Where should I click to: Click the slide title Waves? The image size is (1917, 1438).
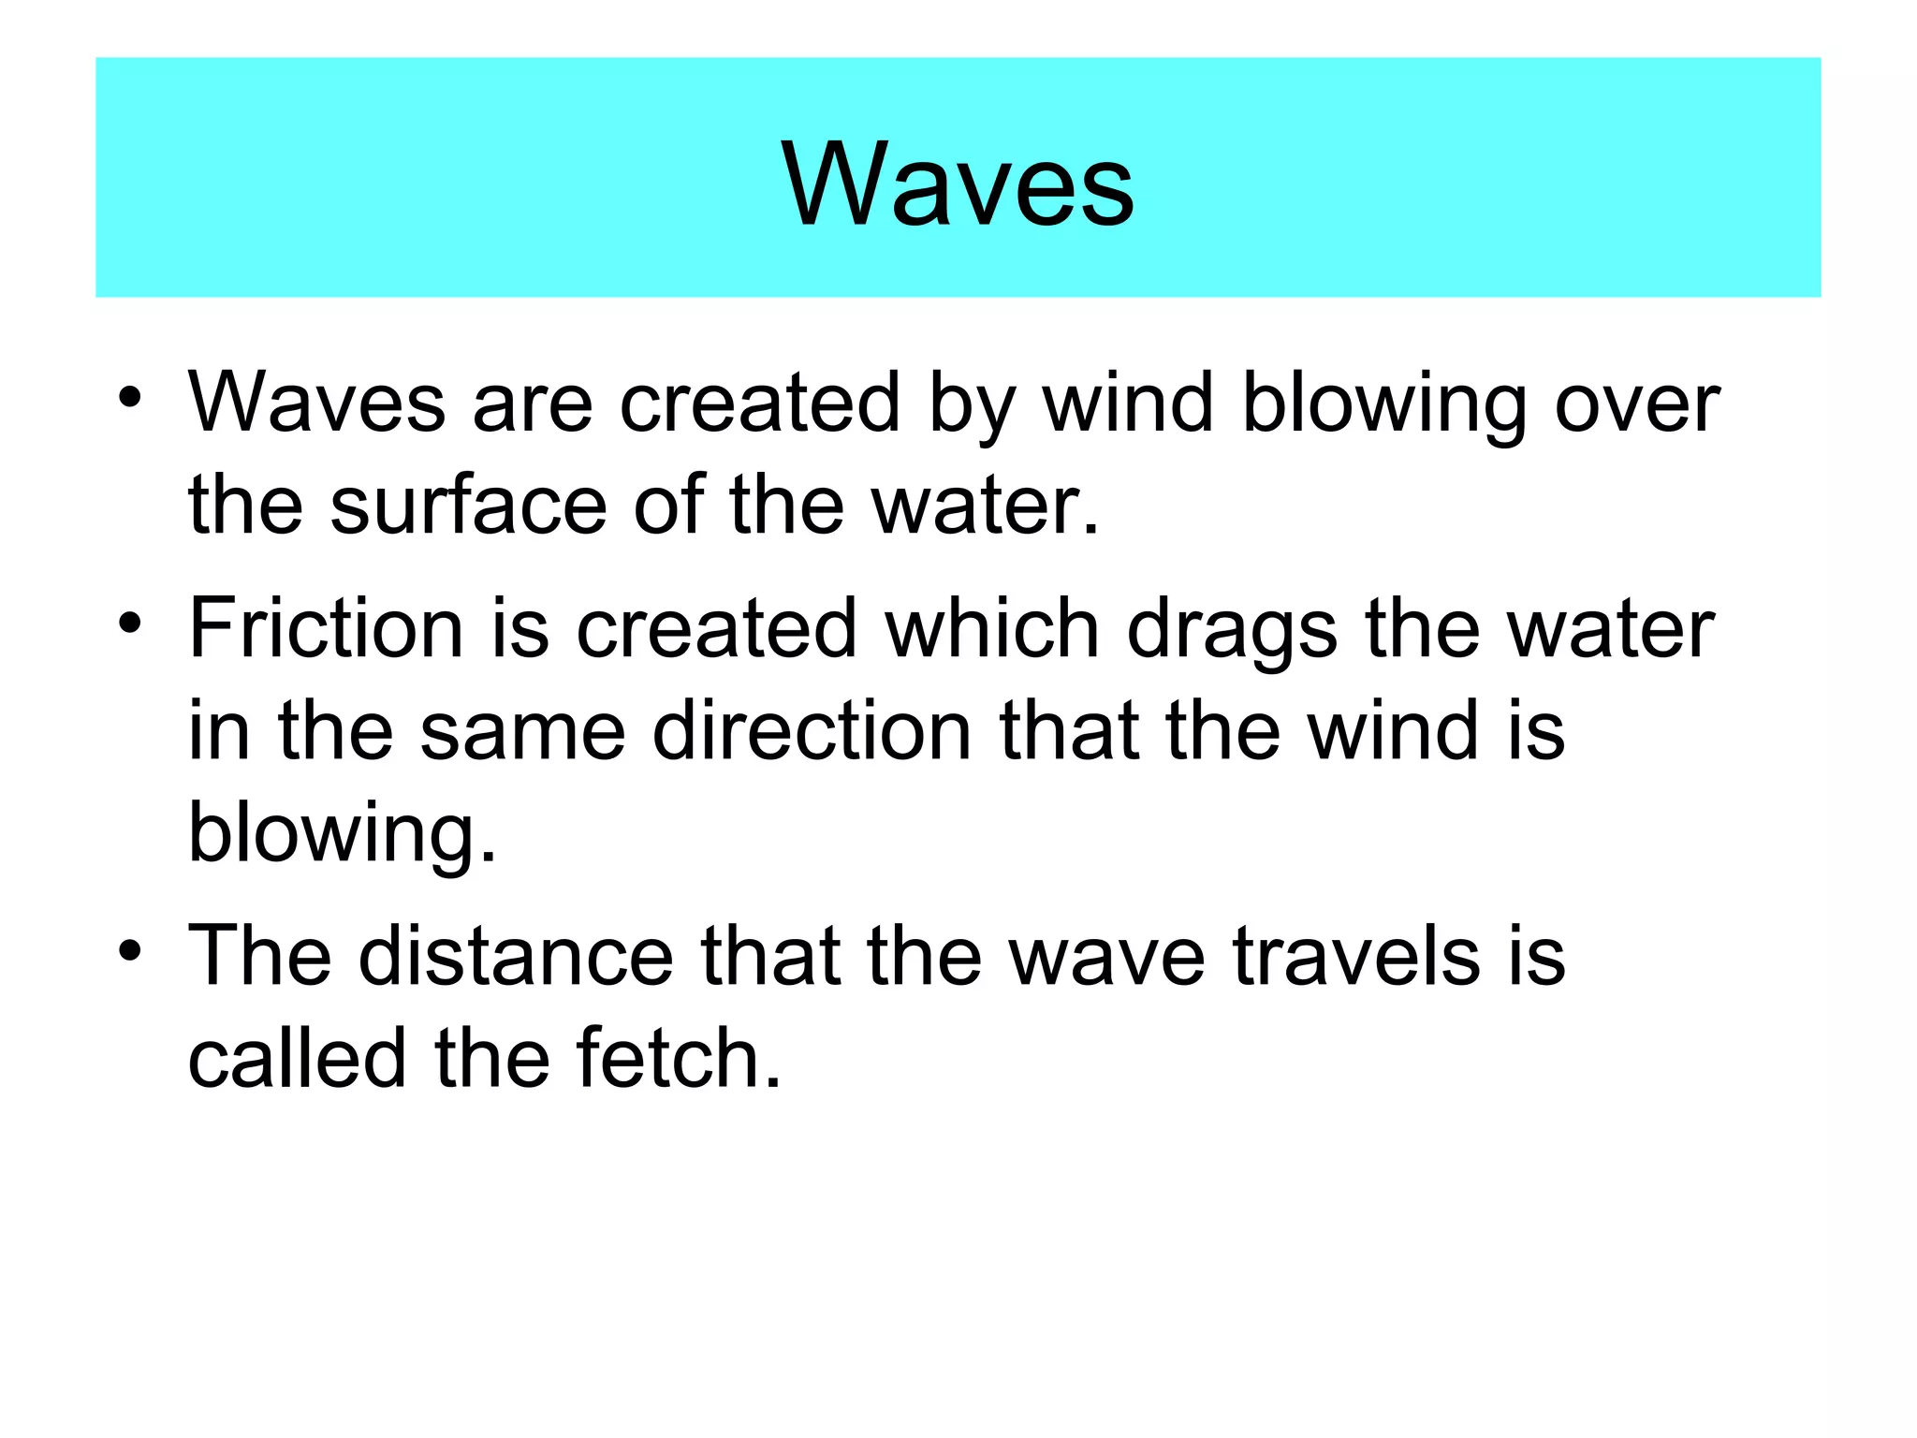coord(958,183)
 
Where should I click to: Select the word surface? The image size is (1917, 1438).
coord(468,505)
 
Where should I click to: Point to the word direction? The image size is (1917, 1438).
coord(812,730)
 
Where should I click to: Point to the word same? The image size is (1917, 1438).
coord(522,732)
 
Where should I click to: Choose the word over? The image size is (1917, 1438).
coord(1637,404)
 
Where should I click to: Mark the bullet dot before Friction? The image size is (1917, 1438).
coord(130,622)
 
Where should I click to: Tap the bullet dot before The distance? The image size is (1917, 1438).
coord(130,949)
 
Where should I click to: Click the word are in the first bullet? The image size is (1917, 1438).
coord(533,404)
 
